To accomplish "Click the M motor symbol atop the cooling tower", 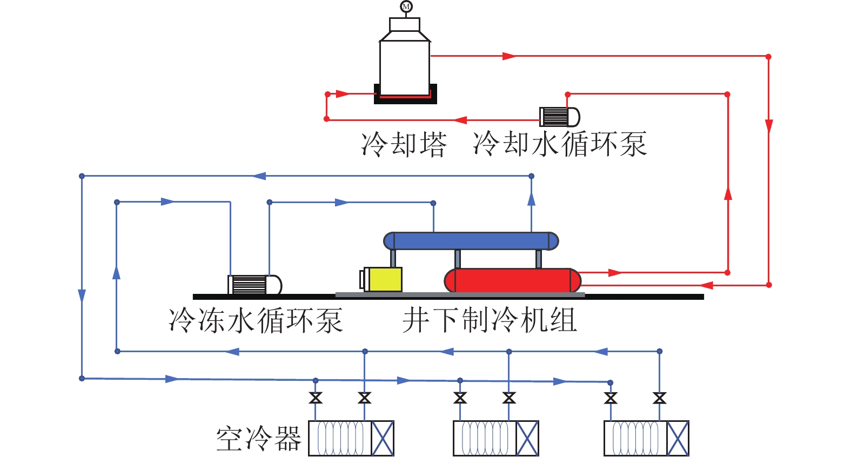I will point(406,6).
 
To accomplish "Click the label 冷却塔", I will point(404,144).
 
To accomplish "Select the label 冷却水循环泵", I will point(560,144).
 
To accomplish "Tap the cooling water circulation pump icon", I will point(559,117).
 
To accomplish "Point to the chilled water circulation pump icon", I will point(254,285).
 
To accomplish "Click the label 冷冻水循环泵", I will point(256,320).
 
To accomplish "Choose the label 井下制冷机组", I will point(490,320).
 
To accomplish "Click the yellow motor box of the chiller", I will point(383,279).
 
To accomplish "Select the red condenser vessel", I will point(512,280).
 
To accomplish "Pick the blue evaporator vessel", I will point(471,241).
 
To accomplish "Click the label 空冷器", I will point(259,439).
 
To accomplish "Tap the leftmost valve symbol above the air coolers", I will point(316,398).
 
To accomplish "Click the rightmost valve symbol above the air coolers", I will point(659,398).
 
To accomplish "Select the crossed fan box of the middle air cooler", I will point(527,438).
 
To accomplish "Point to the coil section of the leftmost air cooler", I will point(340,438).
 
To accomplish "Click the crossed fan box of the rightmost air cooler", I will point(678,438).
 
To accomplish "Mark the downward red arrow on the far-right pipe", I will point(768,126).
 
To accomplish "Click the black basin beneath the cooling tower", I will point(405,100).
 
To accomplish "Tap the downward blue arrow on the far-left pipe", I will point(82,295).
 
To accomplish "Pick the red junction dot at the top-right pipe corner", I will point(768,56).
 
